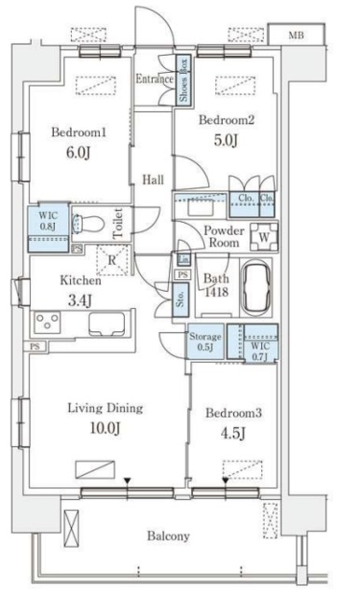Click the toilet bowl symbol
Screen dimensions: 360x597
click(x=88, y=224)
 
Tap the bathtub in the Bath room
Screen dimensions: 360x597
click(x=256, y=286)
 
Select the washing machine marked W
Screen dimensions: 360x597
click(x=264, y=237)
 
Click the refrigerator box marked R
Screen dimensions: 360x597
click(x=112, y=260)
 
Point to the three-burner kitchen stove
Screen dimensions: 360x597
click(x=48, y=320)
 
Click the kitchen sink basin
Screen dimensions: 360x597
click(x=106, y=324)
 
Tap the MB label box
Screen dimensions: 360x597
click(x=297, y=35)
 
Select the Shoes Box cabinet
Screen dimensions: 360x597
click(x=183, y=80)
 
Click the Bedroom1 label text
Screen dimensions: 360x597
click(x=78, y=132)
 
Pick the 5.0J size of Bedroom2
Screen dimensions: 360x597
click(x=226, y=140)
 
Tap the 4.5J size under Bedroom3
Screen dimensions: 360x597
click(x=233, y=433)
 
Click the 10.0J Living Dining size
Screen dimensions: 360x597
click(x=105, y=428)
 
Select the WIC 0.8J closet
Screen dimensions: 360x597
click(x=48, y=227)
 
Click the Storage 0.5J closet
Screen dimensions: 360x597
click(x=205, y=341)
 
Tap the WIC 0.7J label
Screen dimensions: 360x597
click(x=260, y=352)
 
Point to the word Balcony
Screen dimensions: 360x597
click(x=168, y=536)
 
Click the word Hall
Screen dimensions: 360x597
click(x=153, y=179)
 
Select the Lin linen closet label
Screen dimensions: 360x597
click(x=184, y=260)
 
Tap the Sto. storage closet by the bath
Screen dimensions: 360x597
click(x=180, y=299)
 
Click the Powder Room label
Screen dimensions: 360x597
click(x=224, y=236)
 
